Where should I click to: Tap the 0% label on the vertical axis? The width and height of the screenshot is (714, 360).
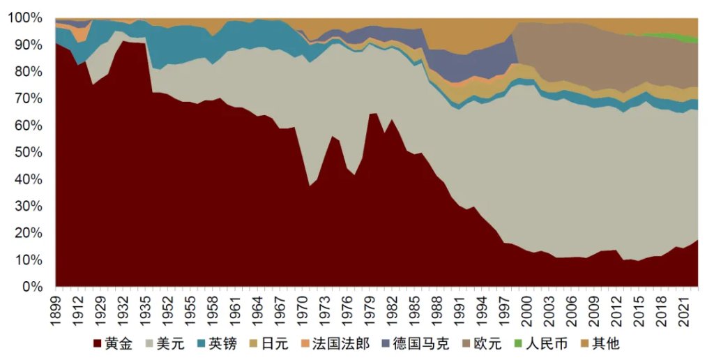[33, 287]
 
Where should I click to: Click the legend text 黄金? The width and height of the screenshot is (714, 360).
[119, 343]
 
